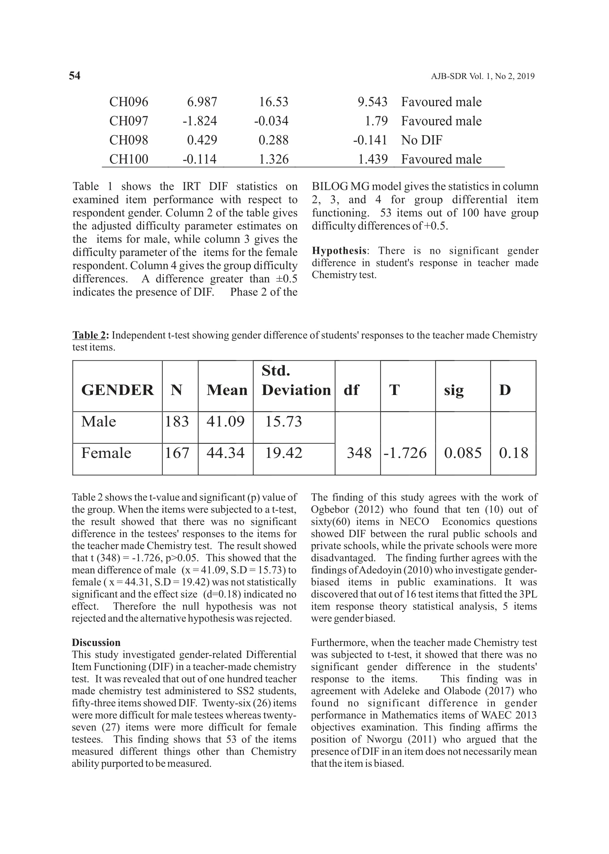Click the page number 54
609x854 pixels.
pos(75,76)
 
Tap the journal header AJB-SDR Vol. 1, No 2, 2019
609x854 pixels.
pos(482,76)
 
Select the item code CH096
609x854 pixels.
pos(129,102)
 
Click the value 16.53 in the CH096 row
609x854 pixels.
pos(273,102)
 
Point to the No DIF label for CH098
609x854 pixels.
pos(421,140)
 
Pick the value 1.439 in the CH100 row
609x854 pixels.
pos(372,159)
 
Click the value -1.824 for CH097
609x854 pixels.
pos(199,121)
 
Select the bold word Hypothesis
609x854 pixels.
pos(339,251)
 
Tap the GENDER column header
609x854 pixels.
pos(117,390)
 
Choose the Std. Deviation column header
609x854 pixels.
pos(296,381)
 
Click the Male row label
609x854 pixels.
pos(99,421)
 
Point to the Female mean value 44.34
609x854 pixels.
pos(226,453)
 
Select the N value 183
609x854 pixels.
pos(177,421)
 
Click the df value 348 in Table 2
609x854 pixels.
pos(359,453)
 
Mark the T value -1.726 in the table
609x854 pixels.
pos(405,453)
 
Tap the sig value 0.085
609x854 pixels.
pos(463,453)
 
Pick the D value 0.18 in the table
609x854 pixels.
pos(513,453)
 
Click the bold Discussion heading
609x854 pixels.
pos(96,642)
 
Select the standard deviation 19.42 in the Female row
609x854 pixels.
pos(283,453)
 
